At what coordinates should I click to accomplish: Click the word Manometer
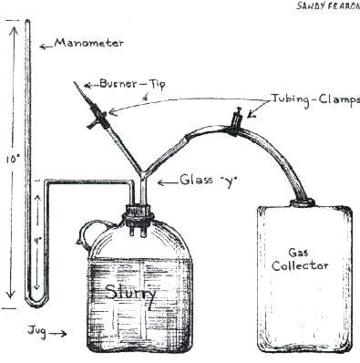click(88, 42)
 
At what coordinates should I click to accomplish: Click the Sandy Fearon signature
click(324, 5)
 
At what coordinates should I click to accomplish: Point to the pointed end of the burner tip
click(75, 83)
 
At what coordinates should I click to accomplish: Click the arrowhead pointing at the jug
click(66, 334)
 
